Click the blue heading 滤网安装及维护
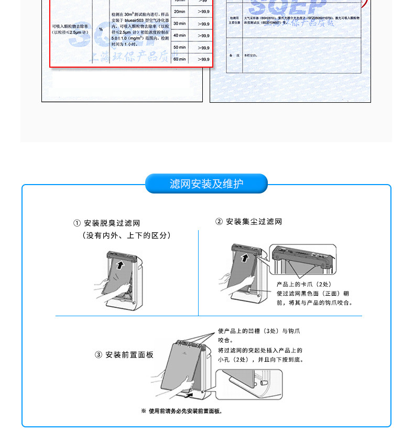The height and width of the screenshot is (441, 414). pos(206,184)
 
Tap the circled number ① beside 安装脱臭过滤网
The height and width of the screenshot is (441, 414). pos(77,223)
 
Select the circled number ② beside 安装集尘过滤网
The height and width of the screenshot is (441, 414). pos(219,222)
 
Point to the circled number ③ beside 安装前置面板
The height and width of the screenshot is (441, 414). pos(99,355)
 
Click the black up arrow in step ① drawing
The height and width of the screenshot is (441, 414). pos(121,264)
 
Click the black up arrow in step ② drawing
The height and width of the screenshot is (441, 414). pos(244,256)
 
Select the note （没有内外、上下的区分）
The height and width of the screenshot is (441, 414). pos(127,236)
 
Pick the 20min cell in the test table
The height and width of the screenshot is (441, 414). pos(179,11)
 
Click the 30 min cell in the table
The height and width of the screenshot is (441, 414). pos(179,24)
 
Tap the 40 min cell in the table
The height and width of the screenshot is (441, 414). pos(179,35)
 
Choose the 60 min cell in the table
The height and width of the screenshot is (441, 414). pos(179,59)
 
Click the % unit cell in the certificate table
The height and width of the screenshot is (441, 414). pos(101,29)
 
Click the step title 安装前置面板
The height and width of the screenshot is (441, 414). pos(129,355)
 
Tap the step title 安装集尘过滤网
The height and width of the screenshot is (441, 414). pos(254,222)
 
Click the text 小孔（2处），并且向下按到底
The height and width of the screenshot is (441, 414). pos(261,360)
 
